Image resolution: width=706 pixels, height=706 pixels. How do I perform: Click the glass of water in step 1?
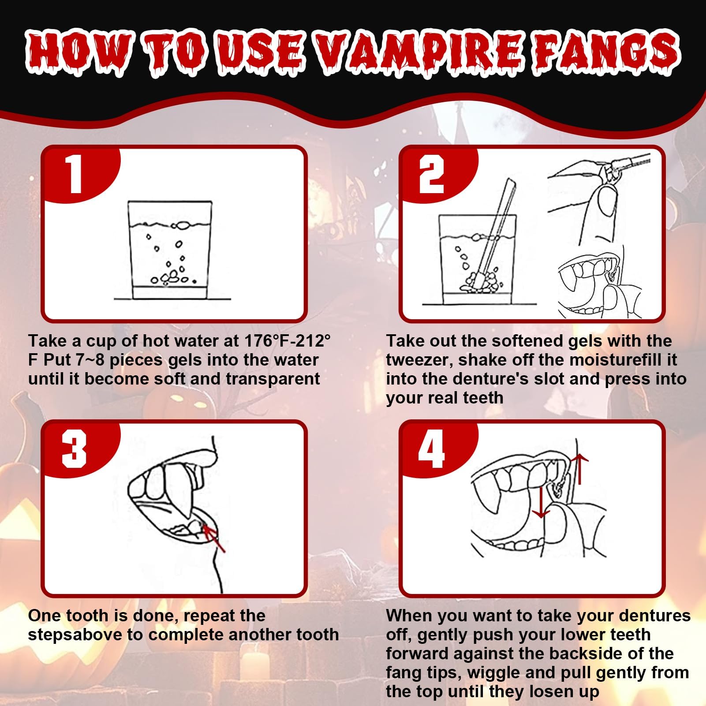point(170,250)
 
